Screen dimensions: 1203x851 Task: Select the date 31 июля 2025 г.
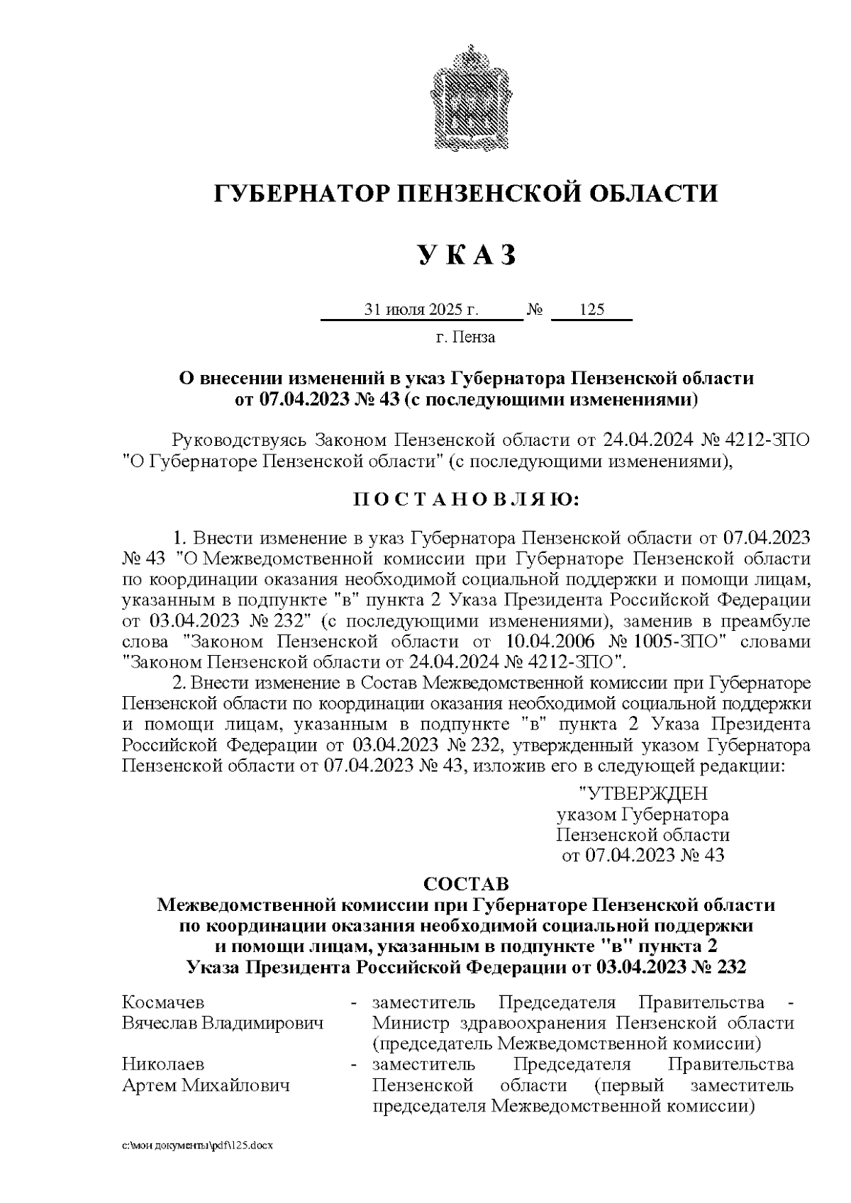click(421, 310)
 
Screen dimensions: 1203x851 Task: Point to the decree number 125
click(591, 310)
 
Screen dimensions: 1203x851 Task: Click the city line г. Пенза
click(465, 337)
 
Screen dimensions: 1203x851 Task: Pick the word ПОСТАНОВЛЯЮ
click(466, 500)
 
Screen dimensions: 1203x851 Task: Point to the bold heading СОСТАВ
click(466, 885)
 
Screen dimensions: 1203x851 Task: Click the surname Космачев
click(163, 1002)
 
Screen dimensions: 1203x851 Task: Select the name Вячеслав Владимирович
click(222, 1024)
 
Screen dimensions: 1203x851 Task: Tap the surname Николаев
click(163, 1065)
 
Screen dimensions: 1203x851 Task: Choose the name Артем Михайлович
click(206, 1086)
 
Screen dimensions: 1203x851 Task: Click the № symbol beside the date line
click(535, 310)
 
